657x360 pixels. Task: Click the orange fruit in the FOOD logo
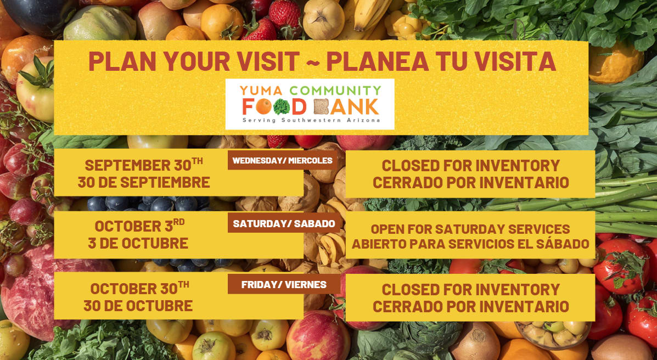click(264, 107)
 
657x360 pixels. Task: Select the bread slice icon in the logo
click(322, 107)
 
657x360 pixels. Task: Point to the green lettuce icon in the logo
click(282, 107)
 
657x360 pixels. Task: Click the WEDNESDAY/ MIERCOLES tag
click(283, 160)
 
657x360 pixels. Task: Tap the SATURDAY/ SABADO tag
click(284, 223)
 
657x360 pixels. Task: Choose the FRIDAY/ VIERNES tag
click(284, 285)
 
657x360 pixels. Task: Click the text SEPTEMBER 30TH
click(144, 165)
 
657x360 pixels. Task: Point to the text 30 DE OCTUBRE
click(138, 306)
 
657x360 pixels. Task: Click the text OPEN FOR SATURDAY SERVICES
click(470, 229)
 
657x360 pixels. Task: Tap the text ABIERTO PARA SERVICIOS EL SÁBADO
click(470, 244)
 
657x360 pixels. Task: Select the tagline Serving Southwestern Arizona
click(311, 120)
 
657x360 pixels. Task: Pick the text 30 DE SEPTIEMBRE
click(144, 182)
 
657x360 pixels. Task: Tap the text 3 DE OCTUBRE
click(138, 244)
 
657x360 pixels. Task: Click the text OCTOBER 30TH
click(139, 288)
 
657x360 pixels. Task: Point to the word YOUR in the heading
click(197, 61)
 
